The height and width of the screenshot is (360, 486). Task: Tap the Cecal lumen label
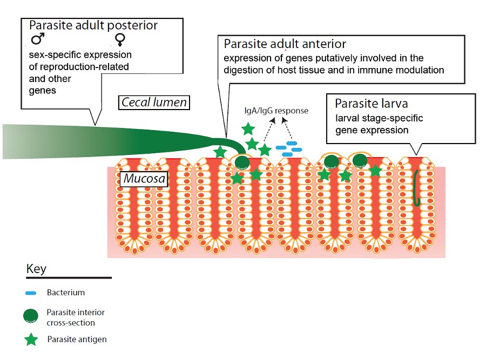tap(153, 101)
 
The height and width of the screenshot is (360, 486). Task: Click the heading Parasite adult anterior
tap(285, 43)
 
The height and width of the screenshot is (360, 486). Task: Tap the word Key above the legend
tap(37, 268)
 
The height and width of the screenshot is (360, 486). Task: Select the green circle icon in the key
tap(32, 316)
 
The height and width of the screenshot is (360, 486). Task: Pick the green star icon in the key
tap(32, 339)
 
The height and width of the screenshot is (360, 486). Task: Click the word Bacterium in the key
tap(66, 293)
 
